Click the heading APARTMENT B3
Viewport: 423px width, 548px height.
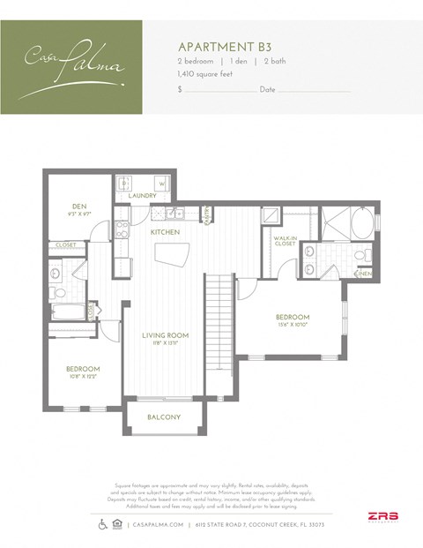point(215,44)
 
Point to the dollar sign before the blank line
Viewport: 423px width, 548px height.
point(180,90)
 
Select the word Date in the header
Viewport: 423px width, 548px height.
point(268,90)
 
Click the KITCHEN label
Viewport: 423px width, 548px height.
point(165,231)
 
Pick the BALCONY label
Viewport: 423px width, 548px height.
point(164,417)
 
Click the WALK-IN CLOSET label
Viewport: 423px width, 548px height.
point(284,241)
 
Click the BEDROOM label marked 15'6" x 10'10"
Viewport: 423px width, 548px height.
point(292,317)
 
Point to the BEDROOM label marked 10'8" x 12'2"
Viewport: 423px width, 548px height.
point(83,368)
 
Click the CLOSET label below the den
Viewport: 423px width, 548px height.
point(65,244)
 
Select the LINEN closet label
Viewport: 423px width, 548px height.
point(364,274)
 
